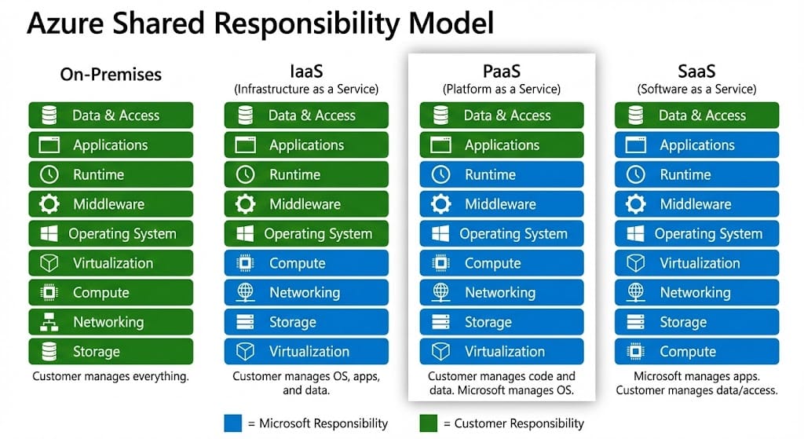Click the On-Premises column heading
click(111, 75)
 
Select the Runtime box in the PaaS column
click(502, 174)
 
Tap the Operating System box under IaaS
click(306, 233)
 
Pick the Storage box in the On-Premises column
click(111, 351)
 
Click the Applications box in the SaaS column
click(696, 145)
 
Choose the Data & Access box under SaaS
click(696, 115)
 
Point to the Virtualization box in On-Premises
click(111, 263)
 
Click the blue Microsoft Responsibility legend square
click(232, 423)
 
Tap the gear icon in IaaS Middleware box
click(246, 204)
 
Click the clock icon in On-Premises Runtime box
click(49, 174)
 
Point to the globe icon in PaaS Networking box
click(440, 292)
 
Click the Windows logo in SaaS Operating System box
click(635, 233)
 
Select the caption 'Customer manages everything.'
click(111, 377)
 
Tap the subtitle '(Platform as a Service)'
click(502, 90)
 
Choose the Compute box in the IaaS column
click(306, 263)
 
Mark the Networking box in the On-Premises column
click(111, 322)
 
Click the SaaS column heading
click(696, 71)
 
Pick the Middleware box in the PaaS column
click(502, 204)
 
